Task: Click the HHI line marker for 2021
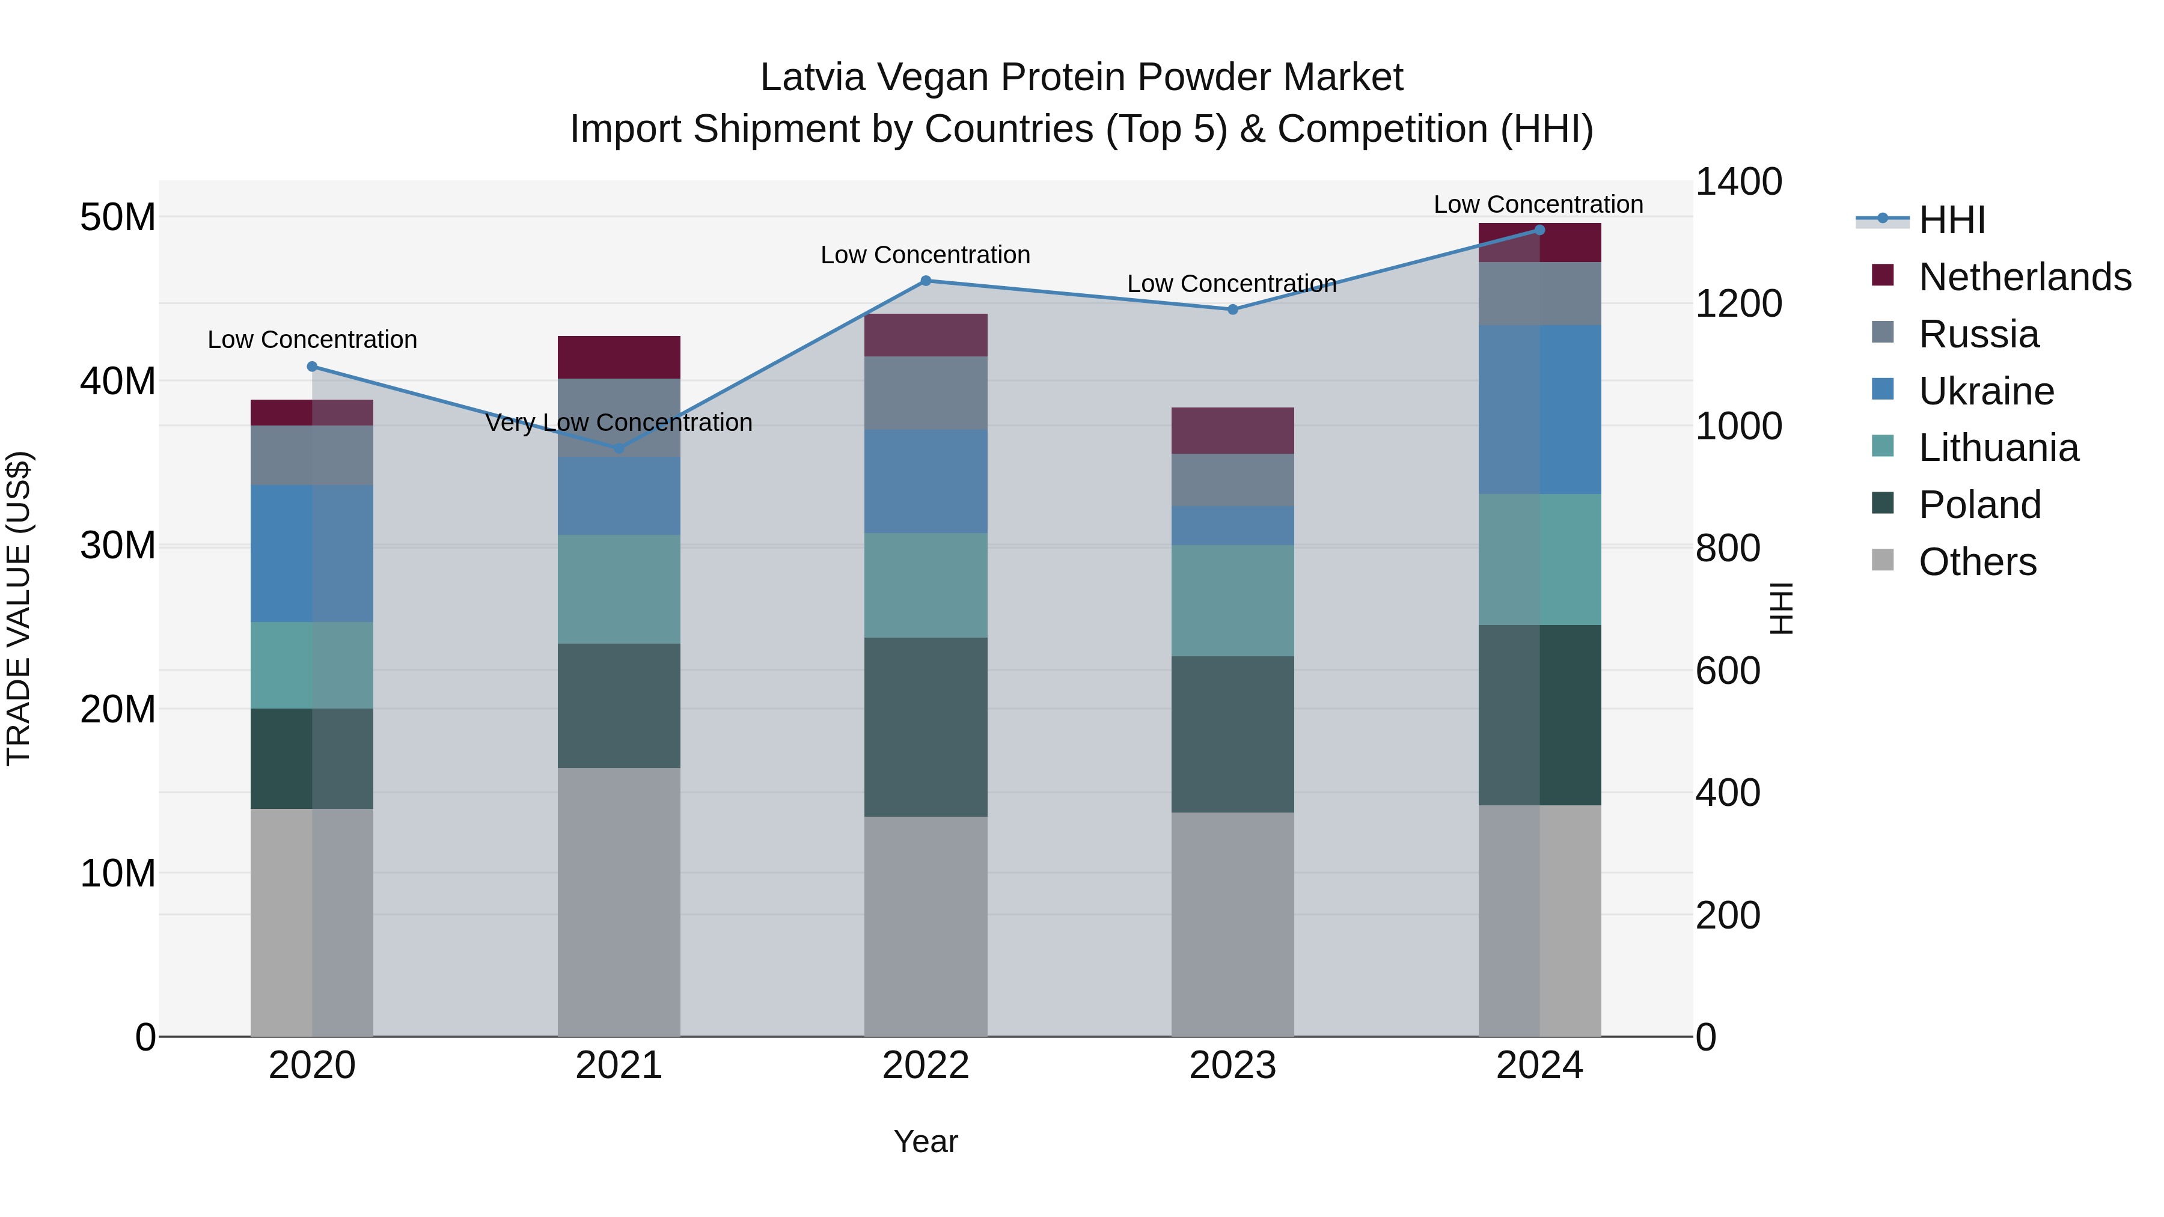tap(619, 448)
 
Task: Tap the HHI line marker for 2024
tap(1539, 230)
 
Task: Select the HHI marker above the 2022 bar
tap(926, 281)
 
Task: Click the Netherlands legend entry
tap(2025, 277)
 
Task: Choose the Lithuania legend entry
tap(1999, 448)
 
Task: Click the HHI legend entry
tap(1951, 220)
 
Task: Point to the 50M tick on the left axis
tap(118, 218)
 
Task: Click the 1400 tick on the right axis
tap(1738, 182)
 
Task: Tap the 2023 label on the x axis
tap(1232, 1066)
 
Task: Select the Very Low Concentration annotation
tap(619, 422)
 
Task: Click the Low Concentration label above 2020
tap(313, 340)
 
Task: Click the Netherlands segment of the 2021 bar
tap(619, 358)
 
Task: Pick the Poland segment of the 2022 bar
tap(926, 727)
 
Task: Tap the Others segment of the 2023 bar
tap(1232, 924)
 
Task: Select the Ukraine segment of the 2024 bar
tap(1539, 410)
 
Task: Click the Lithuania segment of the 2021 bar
tap(619, 590)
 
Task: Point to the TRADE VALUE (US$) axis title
tap(19, 608)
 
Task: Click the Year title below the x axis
tap(926, 1141)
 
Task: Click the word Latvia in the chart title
tap(812, 78)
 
